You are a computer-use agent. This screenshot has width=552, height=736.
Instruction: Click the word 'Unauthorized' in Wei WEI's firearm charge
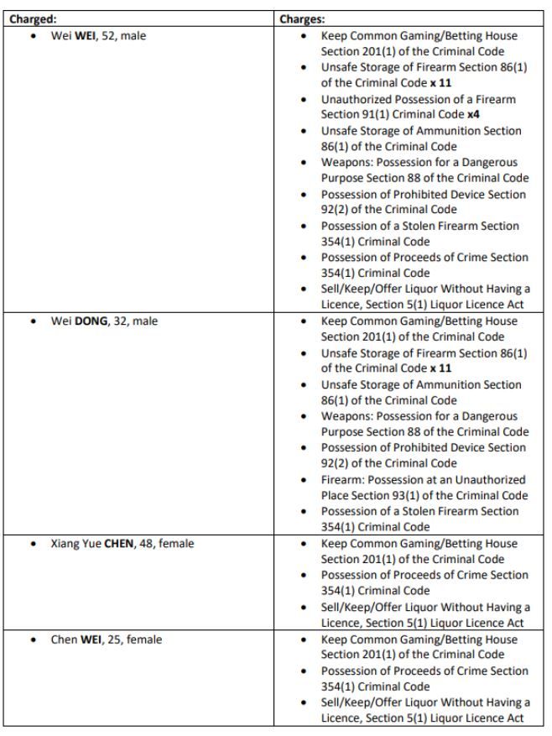[358, 99]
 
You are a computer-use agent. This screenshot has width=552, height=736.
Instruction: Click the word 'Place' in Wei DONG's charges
[336, 495]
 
